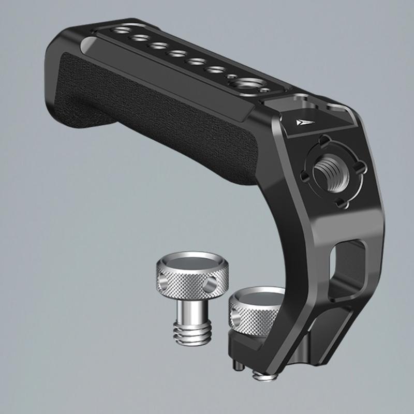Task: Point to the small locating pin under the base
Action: pos(236,364)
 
